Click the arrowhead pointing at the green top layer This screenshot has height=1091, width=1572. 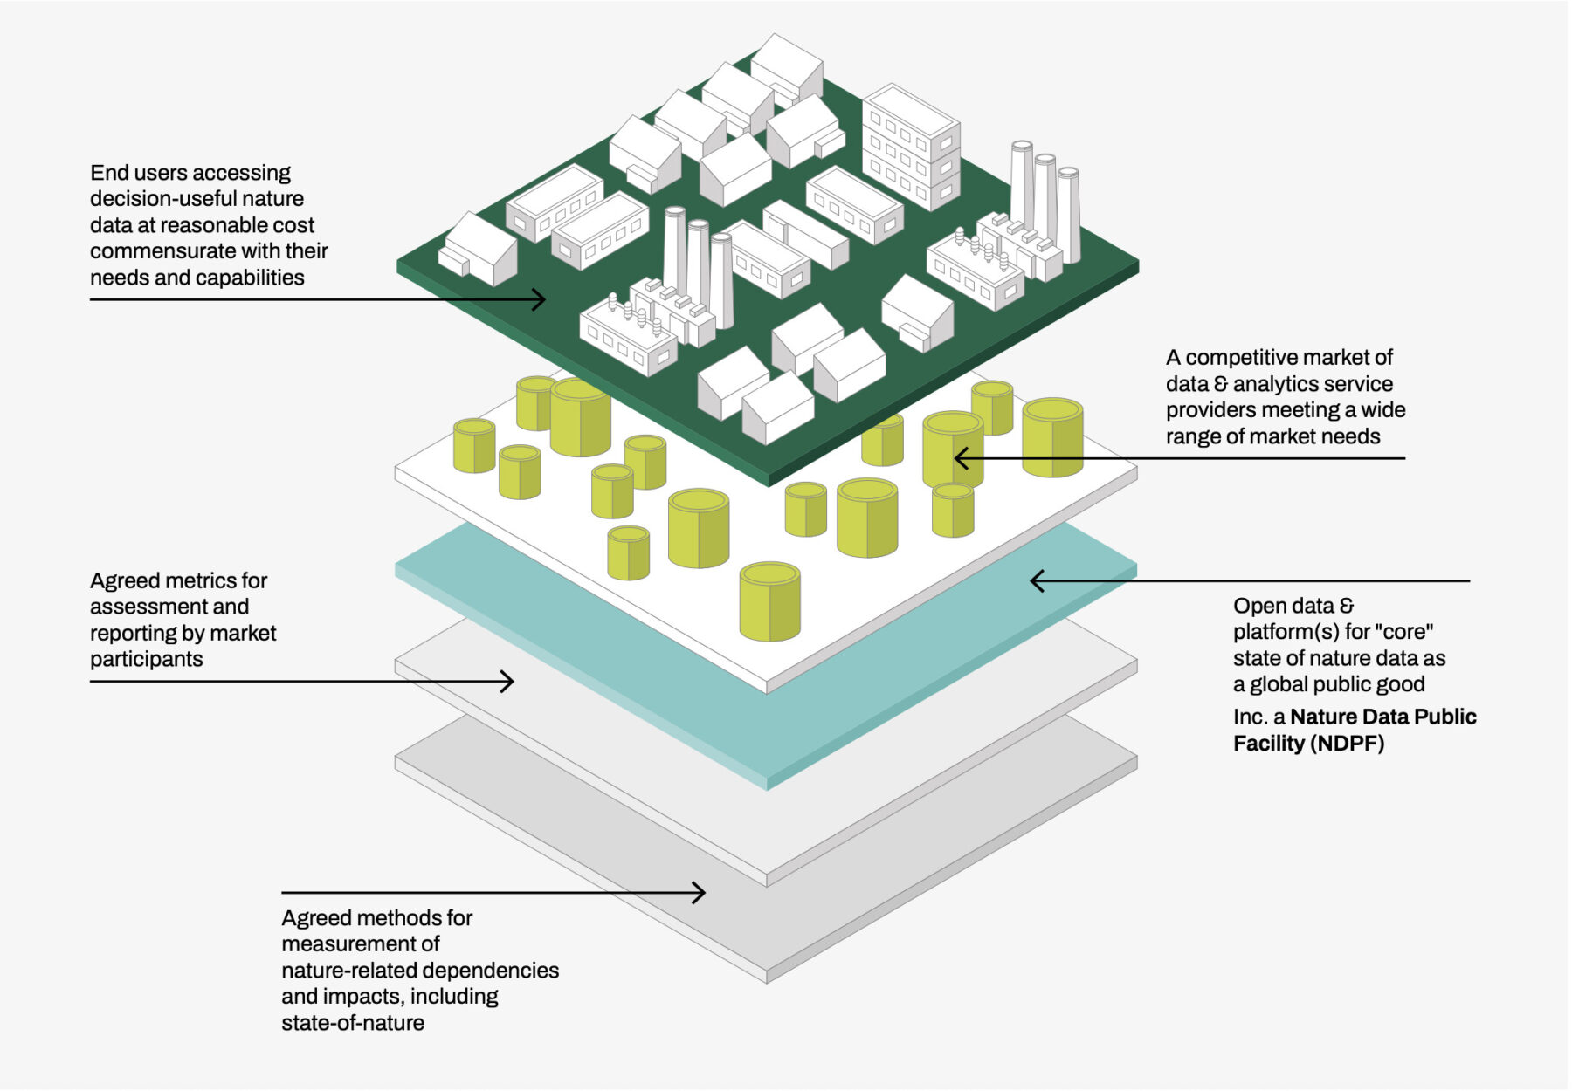click(539, 299)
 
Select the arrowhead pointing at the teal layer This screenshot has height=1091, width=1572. click(1038, 580)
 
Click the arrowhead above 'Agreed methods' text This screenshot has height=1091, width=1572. click(698, 892)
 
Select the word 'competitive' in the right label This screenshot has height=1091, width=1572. click(1244, 358)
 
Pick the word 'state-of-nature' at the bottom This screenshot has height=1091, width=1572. click(353, 1023)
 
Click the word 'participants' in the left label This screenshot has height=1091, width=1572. click(147, 660)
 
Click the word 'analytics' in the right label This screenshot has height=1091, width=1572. click(1269, 384)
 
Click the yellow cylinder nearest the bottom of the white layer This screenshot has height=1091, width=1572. click(769, 601)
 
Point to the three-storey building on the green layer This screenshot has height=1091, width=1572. click(911, 147)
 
